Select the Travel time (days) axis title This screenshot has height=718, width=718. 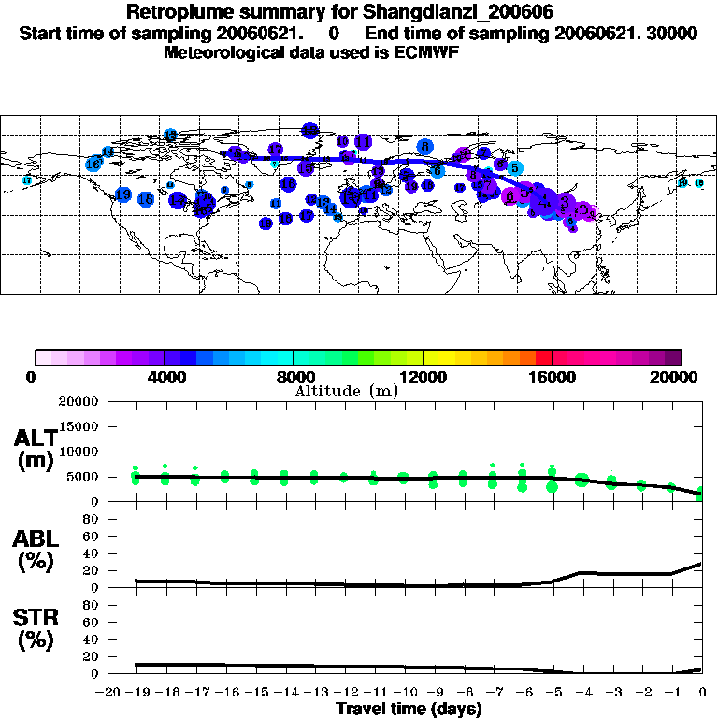pos(409,709)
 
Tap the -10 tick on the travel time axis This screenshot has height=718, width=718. pos(404,693)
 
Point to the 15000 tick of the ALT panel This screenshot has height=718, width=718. pos(80,426)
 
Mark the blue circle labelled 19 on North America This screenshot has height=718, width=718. pos(122,194)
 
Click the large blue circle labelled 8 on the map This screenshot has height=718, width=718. pos(425,147)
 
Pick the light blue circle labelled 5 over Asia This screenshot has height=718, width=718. pos(515,168)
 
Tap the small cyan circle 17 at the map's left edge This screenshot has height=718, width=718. pos(27,180)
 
